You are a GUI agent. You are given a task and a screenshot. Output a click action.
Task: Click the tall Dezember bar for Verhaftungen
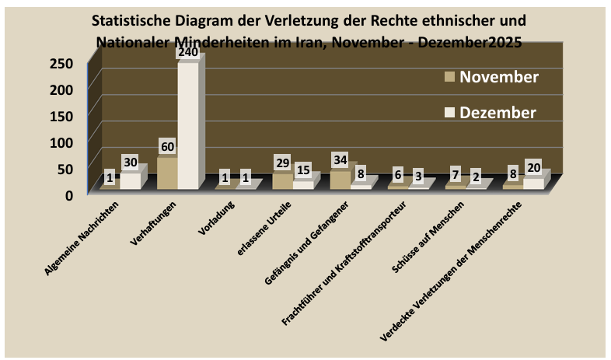[x=188, y=124]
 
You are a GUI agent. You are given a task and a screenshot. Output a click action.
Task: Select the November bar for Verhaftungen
[x=167, y=173]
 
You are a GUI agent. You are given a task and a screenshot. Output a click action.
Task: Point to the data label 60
[x=168, y=147]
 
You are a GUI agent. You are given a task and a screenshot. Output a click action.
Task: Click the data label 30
[x=131, y=163]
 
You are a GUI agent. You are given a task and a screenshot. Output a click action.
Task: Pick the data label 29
[x=283, y=163]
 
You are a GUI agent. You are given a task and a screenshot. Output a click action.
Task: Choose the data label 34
[x=340, y=160]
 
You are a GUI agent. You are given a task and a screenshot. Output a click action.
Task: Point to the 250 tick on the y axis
[x=63, y=63]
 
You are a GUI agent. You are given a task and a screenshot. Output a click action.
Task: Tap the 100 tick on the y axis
[x=63, y=142]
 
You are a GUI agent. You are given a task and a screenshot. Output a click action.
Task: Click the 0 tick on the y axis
[x=68, y=194]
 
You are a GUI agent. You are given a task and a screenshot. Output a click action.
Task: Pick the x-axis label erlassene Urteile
[x=265, y=225]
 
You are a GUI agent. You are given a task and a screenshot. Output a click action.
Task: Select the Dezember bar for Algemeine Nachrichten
[x=131, y=180]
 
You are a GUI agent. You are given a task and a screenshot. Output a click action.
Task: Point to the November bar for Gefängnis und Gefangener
[x=340, y=179]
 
